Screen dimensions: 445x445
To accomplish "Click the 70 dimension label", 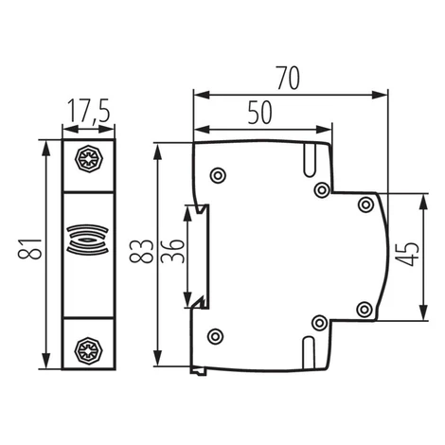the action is (288, 78).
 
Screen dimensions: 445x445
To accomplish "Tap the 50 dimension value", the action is (259, 113).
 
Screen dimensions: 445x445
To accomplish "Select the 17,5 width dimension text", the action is (89, 111).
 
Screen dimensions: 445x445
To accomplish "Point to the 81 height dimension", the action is (29, 249).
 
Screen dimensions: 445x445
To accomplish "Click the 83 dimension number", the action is (141, 251).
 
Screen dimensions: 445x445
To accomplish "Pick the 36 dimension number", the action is (172, 251).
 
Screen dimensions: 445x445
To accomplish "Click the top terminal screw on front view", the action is (89, 159).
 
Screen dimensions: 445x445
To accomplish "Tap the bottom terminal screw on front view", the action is (89, 350).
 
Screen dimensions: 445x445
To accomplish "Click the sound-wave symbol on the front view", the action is (88, 240).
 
